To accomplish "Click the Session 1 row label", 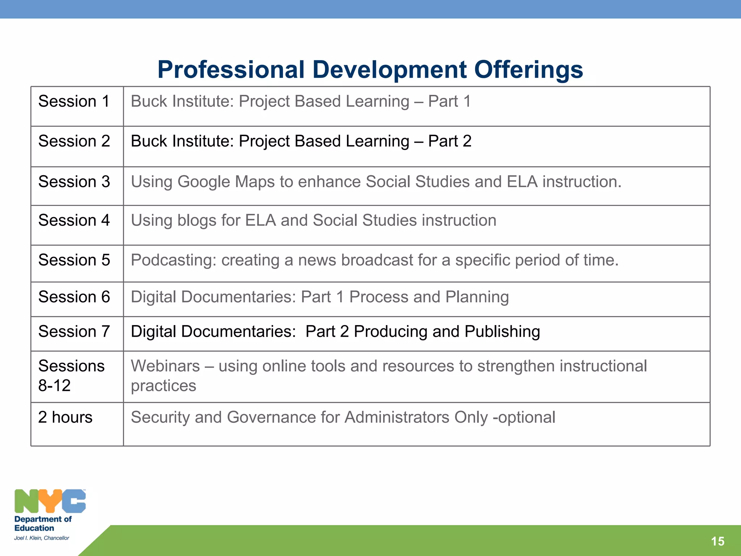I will point(74,101).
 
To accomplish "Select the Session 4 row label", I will point(74,220).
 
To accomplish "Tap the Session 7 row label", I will point(74,332).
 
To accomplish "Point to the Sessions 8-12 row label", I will point(71,375).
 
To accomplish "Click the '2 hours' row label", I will point(65,417).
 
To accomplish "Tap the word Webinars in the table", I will point(165,366).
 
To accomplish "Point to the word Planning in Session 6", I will point(477,297).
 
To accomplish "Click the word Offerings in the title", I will point(528,69).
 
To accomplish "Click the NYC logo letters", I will point(50,501).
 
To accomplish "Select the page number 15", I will point(717,541).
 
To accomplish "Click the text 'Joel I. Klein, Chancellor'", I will point(42,538).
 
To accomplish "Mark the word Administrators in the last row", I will point(397,417).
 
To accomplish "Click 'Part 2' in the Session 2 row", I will point(450,141).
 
